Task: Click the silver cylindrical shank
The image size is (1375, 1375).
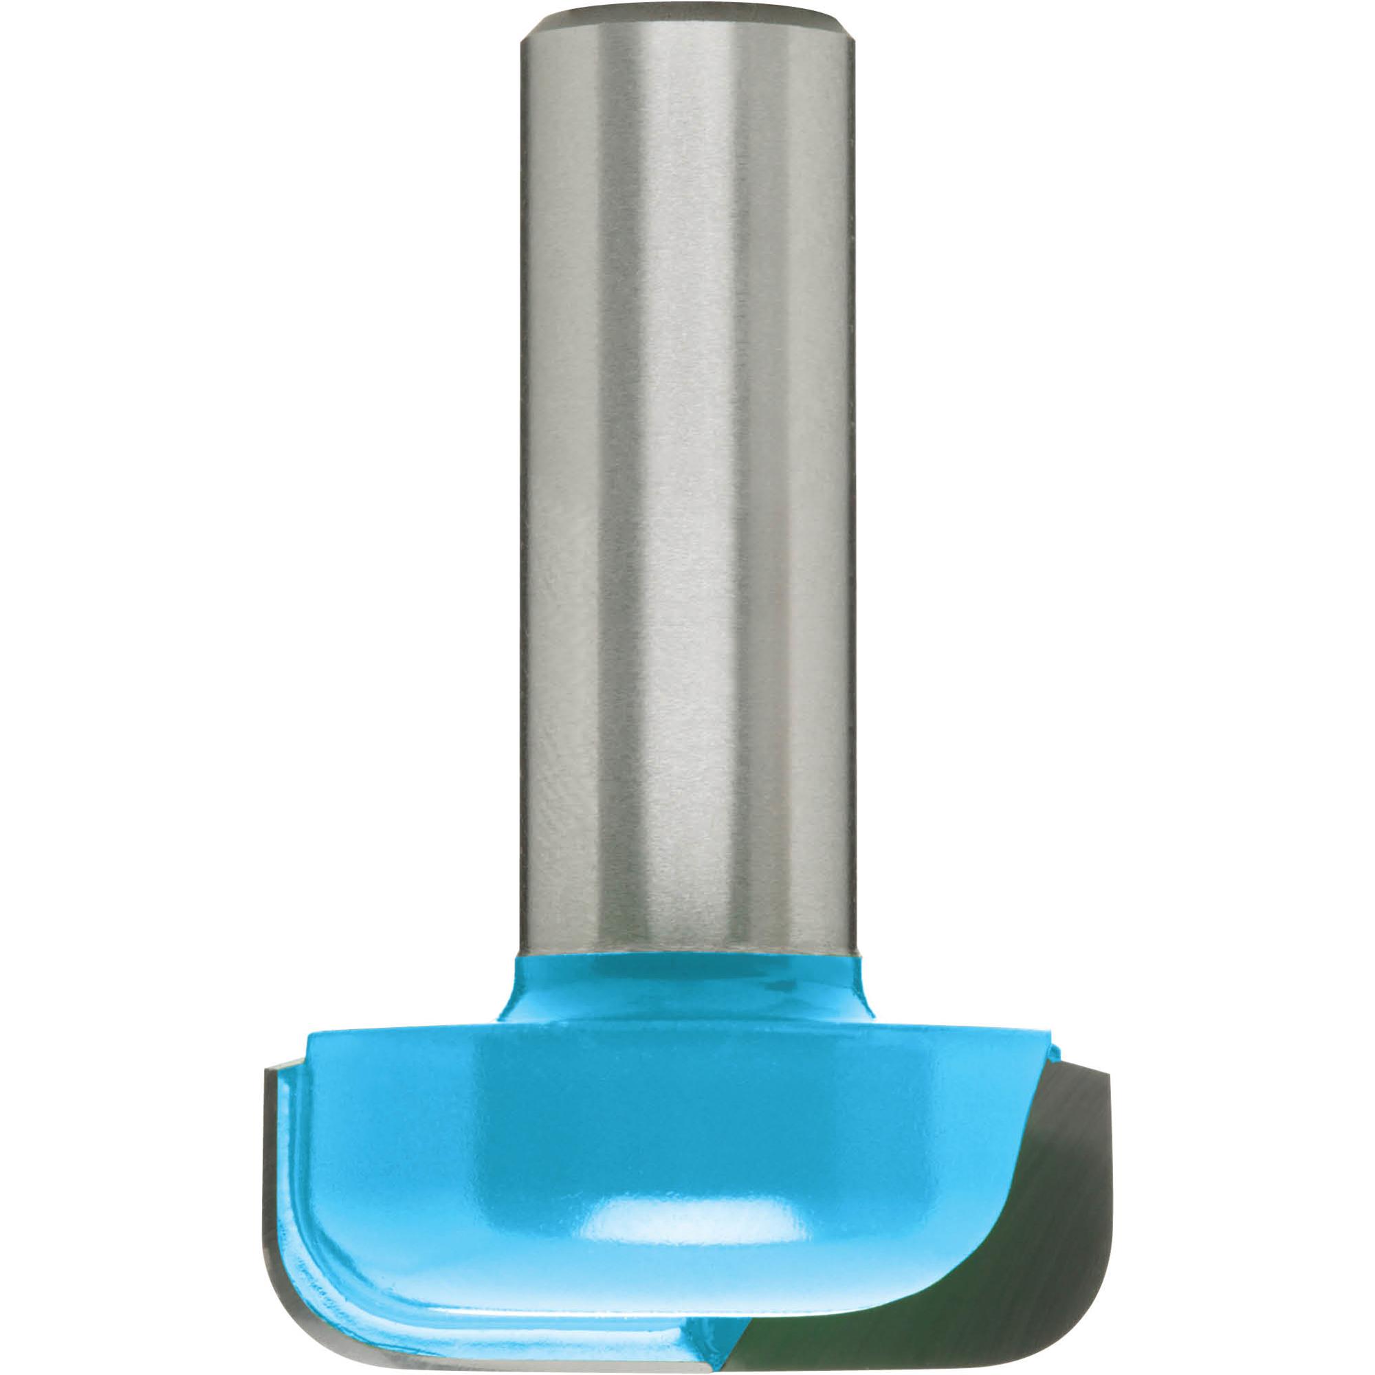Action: [687, 498]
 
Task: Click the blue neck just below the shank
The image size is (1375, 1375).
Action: [687, 986]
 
